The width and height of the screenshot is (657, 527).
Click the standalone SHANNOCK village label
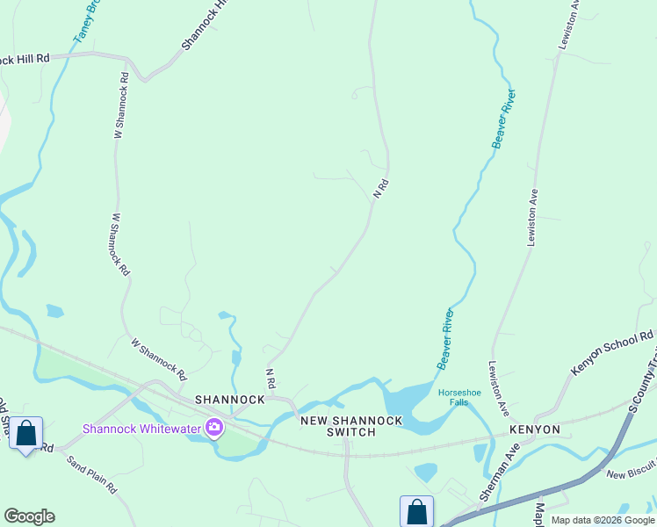(x=230, y=399)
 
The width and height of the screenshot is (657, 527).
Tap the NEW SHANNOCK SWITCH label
(x=351, y=426)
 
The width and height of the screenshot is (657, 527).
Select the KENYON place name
(x=534, y=430)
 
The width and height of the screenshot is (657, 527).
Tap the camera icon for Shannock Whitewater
(x=213, y=429)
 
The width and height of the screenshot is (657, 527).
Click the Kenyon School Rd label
(x=612, y=353)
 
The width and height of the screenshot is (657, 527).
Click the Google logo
(x=29, y=516)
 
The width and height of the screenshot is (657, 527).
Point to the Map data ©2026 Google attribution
(x=603, y=520)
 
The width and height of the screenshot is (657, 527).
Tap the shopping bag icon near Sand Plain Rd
(x=26, y=433)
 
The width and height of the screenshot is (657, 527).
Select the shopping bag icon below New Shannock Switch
(x=416, y=511)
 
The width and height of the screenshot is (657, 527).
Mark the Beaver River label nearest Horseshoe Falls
(x=445, y=338)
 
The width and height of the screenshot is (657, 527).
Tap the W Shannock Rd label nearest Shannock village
(x=159, y=359)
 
